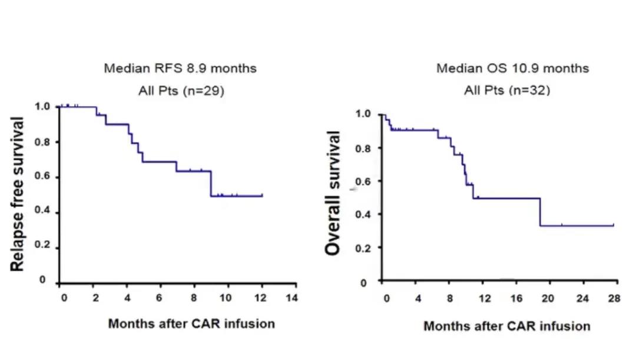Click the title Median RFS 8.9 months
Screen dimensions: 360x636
click(180, 68)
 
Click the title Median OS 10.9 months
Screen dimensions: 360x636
click(512, 68)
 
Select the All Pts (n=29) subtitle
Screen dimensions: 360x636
click(180, 91)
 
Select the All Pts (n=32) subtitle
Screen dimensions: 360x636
click(507, 91)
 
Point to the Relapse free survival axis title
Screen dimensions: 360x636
click(18, 194)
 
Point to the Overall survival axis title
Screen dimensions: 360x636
click(333, 194)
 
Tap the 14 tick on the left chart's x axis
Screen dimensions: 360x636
click(291, 298)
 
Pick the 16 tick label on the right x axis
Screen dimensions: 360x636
click(516, 299)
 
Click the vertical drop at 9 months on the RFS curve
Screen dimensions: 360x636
click(211, 183)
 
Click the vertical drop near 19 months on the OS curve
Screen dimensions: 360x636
click(541, 212)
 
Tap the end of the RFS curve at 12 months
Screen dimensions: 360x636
click(262, 196)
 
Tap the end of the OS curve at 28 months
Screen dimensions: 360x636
click(614, 225)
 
